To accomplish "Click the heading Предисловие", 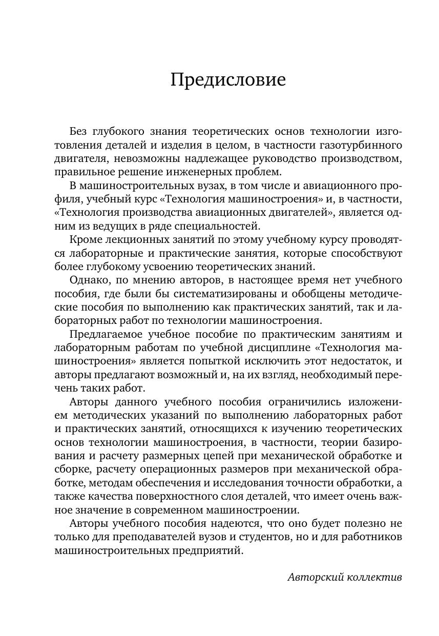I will [228, 80].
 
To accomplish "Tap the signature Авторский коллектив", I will [345, 577].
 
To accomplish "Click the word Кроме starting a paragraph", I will [85, 239].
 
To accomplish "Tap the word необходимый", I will [342, 374].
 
